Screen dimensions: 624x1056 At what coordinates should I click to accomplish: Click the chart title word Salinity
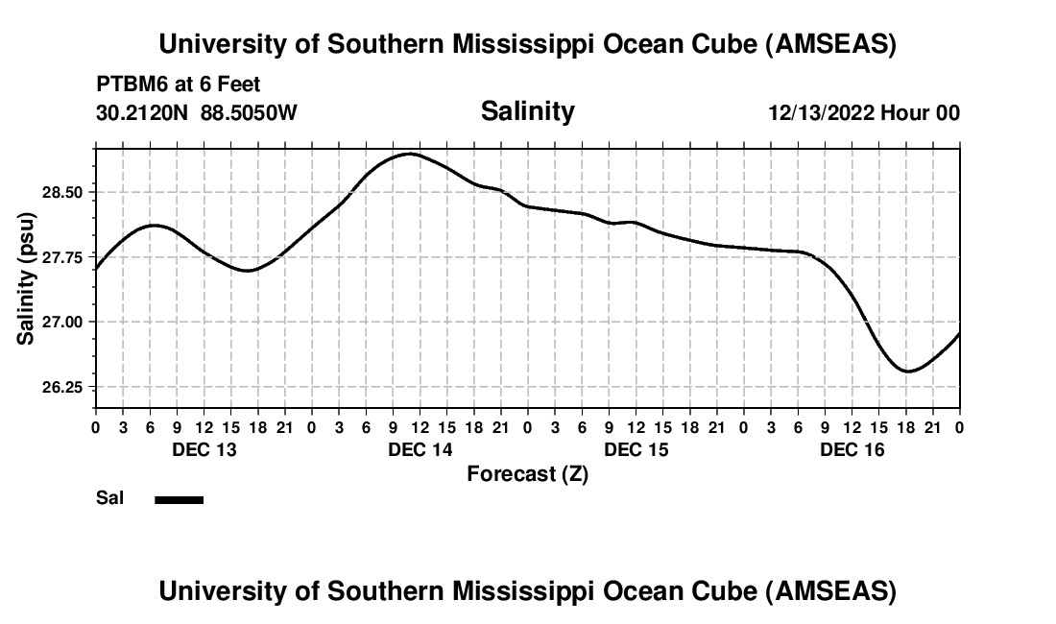coord(527,111)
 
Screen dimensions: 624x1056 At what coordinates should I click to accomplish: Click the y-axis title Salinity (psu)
coord(26,278)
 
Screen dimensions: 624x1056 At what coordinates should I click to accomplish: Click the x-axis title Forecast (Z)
coord(527,473)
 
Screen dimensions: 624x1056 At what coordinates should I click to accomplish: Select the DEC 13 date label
coord(204,449)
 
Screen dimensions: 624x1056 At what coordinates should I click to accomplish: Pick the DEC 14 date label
coord(420,449)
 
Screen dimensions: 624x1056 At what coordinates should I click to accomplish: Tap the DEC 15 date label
coord(636,449)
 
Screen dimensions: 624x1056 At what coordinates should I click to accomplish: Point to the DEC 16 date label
coord(852,449)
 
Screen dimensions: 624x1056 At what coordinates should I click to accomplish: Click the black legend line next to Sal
coord(179,499)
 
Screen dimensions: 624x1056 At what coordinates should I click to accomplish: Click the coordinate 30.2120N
coord(143,112)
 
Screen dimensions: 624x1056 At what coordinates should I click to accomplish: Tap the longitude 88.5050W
coord(249,112)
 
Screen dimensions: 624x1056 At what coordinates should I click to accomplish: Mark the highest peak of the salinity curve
coord(410,154)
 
